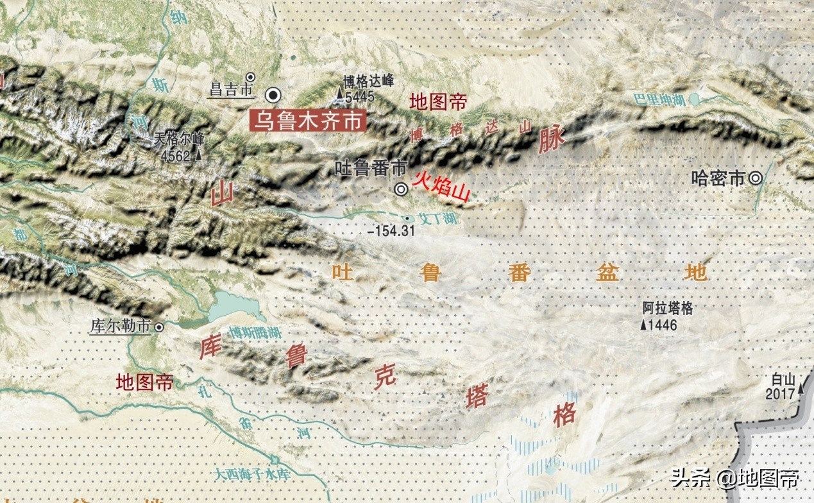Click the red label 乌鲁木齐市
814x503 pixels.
[307, 121]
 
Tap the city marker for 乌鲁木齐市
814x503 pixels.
[275, 95]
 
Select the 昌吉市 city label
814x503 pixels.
[231, 90]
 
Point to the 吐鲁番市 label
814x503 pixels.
[371, 169]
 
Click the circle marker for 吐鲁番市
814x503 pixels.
[401, 189]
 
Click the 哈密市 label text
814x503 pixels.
[718, 178]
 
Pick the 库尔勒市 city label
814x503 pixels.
[120, 327]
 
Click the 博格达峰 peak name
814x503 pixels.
[368, 81]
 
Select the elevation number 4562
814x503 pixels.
[176, 155]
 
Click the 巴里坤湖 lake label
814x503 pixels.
[659, 99]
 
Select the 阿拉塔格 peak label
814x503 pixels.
[668, 309]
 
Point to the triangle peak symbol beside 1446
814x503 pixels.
[643, 325]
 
